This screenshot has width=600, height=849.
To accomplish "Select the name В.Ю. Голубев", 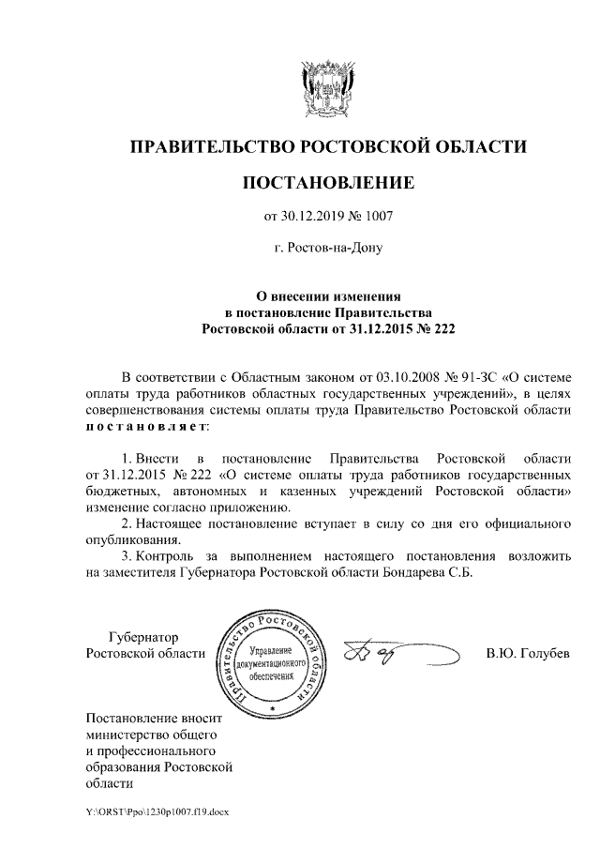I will [x=527, y=652].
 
